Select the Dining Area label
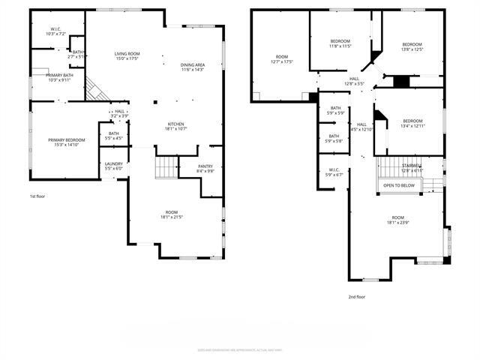[193, 67]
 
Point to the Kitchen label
[175, 126]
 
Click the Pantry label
[205, 169]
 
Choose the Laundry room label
[114, 166]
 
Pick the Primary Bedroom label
[67, 142]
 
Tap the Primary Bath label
[59, 77]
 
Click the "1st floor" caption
[38, 196]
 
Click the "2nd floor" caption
[356, 296]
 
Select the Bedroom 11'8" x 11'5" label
[341, 43]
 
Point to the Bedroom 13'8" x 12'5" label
[412, 47]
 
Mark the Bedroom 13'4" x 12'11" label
[412, 124]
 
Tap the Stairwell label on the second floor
[412, 168]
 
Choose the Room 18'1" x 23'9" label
[397, 220]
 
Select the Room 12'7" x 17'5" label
[282, 59]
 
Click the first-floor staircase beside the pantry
[165, 168]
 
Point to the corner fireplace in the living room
[94, 90]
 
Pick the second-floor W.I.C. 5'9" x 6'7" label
[334, 172]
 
